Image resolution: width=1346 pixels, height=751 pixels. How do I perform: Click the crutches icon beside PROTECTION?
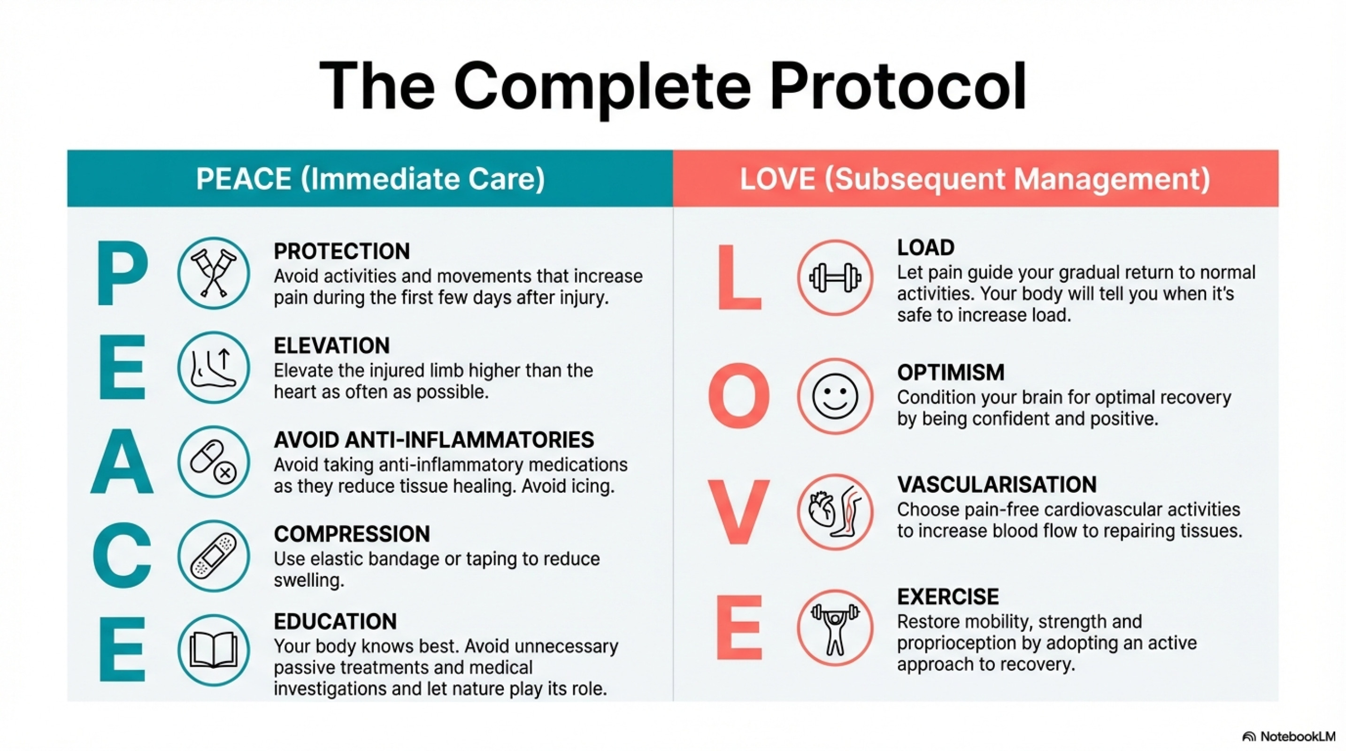213,273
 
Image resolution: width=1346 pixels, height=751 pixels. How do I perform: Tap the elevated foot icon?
213,368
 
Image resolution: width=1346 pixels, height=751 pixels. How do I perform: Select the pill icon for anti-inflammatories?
213,462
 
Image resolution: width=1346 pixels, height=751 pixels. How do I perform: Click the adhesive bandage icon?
213,556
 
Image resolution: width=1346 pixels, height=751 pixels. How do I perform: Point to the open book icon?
213,650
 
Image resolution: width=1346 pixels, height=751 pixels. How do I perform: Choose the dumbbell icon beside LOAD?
835,277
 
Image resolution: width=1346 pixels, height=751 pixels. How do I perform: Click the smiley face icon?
835,396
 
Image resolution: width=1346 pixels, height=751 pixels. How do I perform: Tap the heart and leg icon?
835,512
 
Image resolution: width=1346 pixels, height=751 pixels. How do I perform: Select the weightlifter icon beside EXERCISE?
835,628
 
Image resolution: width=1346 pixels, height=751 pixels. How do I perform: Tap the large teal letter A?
122,462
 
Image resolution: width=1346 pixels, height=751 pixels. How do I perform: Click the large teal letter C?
122,556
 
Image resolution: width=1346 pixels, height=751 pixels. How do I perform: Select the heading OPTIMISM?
950,372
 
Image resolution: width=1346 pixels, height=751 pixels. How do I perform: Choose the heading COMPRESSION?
352,534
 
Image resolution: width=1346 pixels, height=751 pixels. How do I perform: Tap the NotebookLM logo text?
1297,736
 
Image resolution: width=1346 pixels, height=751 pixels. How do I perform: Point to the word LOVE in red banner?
777,179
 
